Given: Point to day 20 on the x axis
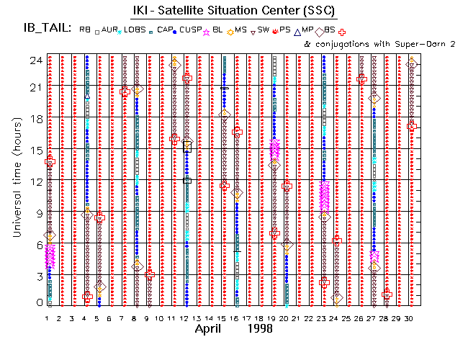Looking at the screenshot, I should click(286, 318).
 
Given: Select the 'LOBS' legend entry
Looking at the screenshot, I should click(135, 30).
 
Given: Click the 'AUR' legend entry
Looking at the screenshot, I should click(107, 30).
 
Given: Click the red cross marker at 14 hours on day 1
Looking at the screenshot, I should click(50, 162).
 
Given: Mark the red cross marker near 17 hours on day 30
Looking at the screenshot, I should click(412, 126).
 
